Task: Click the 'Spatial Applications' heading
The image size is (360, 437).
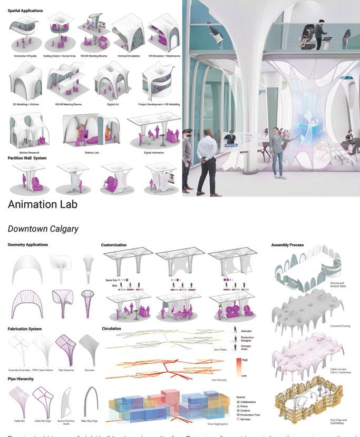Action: [25, 11]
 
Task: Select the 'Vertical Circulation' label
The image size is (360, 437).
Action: [129, 54]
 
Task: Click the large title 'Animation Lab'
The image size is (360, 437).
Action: [43, 204]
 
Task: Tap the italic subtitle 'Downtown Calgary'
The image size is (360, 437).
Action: [43, 229]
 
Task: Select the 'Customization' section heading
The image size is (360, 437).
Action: [114, 245]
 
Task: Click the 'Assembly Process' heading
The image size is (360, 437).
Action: [287, 245]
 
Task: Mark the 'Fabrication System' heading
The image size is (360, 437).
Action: [25, 329]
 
